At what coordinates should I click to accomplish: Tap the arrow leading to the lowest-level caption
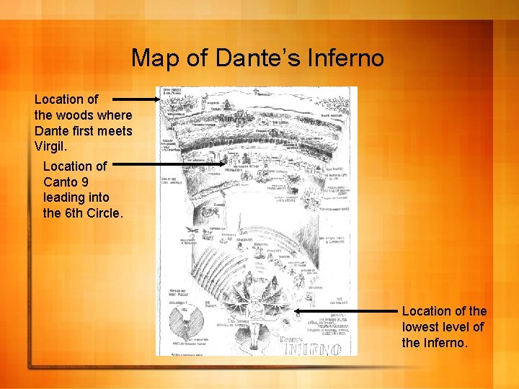tap(346, 313)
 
